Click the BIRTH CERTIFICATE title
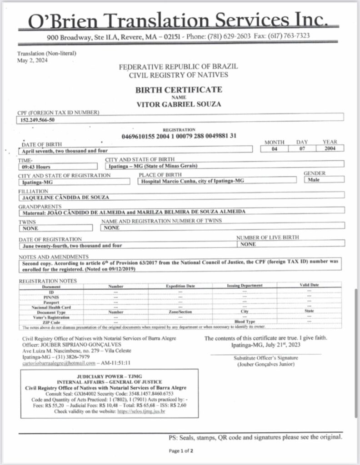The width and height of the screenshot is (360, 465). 179,89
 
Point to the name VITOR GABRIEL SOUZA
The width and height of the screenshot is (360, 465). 179,104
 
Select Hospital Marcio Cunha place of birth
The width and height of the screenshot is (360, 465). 186,181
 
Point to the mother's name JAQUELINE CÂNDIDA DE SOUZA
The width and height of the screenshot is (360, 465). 65,197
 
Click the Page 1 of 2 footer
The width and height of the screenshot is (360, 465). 181,451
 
